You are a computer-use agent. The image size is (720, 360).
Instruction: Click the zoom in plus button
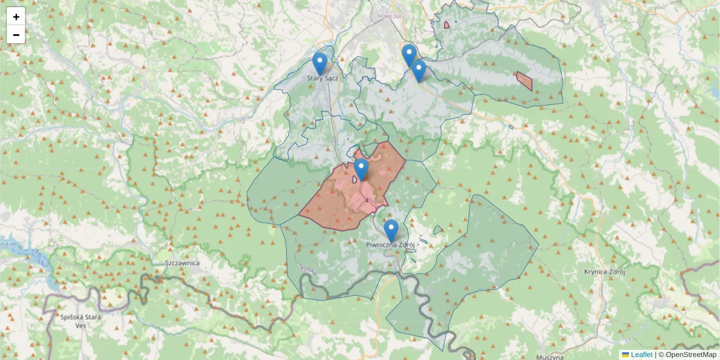(16, 17)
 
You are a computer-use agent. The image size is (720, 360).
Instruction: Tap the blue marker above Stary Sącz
(320, 63)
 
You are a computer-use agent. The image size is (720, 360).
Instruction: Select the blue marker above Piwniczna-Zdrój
(391, 230)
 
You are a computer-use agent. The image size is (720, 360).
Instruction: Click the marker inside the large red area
(361, 169)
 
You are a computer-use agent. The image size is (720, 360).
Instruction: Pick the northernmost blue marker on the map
(409, 55)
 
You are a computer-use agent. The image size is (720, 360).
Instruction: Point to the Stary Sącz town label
(323, 78)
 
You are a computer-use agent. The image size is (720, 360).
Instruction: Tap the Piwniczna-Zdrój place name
(391, 245)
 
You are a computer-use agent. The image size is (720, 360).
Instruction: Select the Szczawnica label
(182, 263)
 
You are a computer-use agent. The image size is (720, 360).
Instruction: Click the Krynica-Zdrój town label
(605, 271)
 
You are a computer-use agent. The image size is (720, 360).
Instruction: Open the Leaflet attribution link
(641, 355)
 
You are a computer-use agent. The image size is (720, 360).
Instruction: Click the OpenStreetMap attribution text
(691, 355)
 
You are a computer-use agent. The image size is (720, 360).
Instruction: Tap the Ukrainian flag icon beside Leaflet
(625, 355)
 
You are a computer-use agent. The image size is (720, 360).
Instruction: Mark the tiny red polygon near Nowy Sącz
(446, 25)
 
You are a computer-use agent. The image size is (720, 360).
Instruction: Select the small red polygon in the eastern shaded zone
(525, 80)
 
